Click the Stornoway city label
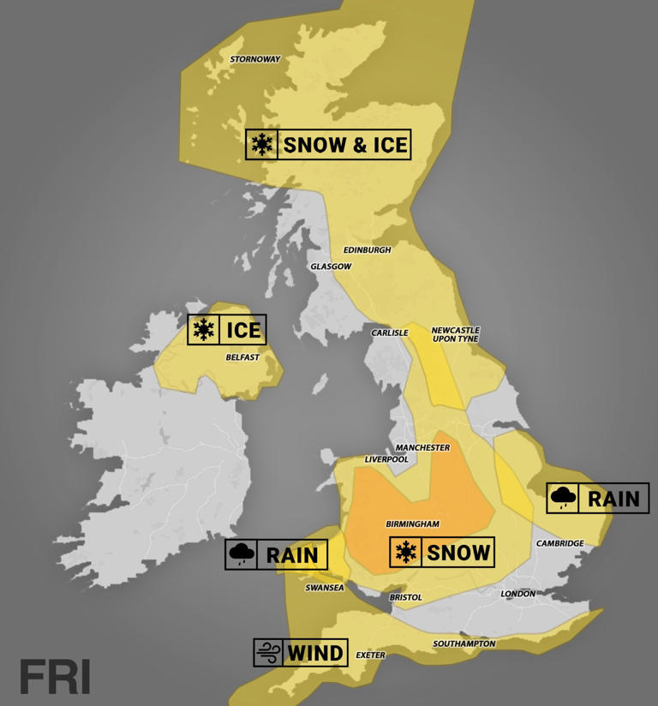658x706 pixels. (255, 59)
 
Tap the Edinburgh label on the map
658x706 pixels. (367, 250)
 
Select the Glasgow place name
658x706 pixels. (331, 266)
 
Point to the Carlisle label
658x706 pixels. (389, 332)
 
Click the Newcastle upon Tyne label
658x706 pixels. (455, 334)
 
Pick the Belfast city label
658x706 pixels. (242, 357)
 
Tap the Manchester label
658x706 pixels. (422, 447)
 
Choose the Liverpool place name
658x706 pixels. (386, 459)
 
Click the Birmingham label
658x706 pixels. (412, 524)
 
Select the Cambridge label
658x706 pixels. (559, 543)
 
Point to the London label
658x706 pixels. (517, 593)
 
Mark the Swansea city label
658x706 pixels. (325, 588)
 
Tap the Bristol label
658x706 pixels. (405, 597)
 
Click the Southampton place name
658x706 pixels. (464, 643)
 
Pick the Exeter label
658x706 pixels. (370, 655)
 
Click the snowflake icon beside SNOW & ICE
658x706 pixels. (262, 145)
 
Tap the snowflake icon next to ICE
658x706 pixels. (203, 330)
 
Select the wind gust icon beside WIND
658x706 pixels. (267, 654)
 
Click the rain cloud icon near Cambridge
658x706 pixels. (563, 498)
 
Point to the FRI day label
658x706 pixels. (55, 677)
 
